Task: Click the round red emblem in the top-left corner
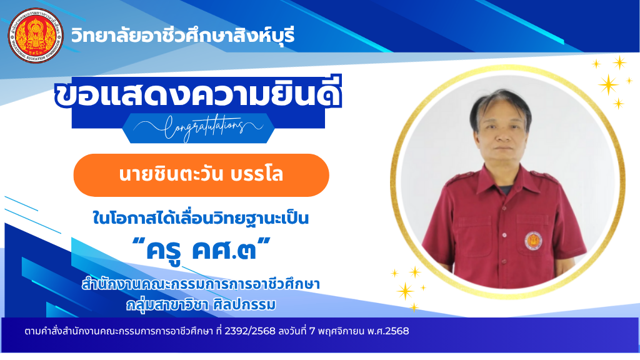point(36,36)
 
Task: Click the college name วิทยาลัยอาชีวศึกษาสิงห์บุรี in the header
point(183,36)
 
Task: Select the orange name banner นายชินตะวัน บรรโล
point(201,175)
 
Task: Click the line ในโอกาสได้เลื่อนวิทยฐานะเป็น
point(201,217)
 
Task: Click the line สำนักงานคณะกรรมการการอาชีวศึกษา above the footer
point(201,283)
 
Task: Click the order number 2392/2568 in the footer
point(250,331)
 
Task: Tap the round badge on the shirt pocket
point(533,241)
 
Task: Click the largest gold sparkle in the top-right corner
point(609,84)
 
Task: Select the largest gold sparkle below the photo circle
point(405,291)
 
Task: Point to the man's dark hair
point(499,105)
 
